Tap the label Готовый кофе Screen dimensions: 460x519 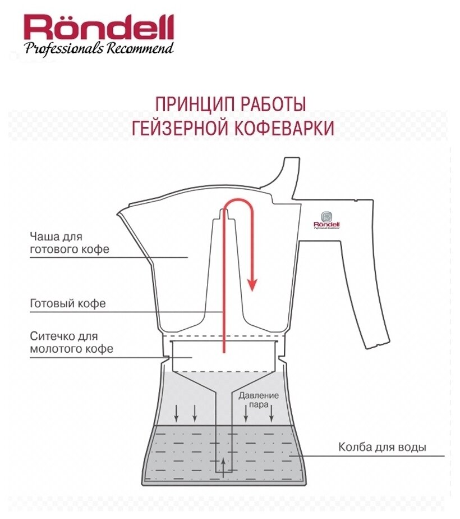(x=67, y=304)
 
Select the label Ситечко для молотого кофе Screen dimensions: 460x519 (x=71, y=342)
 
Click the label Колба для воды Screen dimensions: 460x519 (x=382, y=448)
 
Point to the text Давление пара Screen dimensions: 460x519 (x=258, y=400)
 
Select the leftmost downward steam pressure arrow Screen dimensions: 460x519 (x=176, y=413)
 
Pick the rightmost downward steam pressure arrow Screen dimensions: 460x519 (x=272, y=413)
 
